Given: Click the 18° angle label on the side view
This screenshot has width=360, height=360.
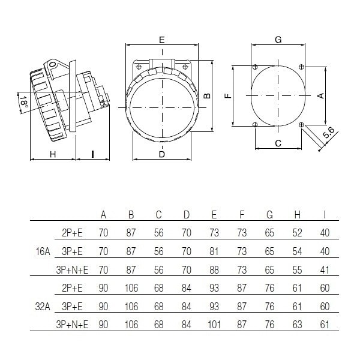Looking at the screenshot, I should click(23, 103).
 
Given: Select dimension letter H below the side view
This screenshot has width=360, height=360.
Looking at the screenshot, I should click(53, 154).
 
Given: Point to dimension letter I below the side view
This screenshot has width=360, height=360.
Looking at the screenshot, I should click(92, 154).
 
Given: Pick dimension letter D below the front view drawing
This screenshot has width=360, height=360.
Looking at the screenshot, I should click(162, 154).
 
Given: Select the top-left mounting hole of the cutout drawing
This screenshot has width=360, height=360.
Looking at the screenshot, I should click(256, 67).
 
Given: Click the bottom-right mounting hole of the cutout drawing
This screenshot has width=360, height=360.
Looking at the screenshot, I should click(301, 124).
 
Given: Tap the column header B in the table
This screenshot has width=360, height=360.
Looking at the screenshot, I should click(131, 215).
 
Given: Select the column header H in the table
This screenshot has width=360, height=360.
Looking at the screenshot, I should click(298, 215).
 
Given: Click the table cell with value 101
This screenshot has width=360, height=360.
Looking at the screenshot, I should click(214, 325).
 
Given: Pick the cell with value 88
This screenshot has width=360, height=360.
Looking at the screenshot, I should click(214, 271).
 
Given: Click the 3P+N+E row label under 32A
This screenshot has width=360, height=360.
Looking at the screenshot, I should click(72, 325).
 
